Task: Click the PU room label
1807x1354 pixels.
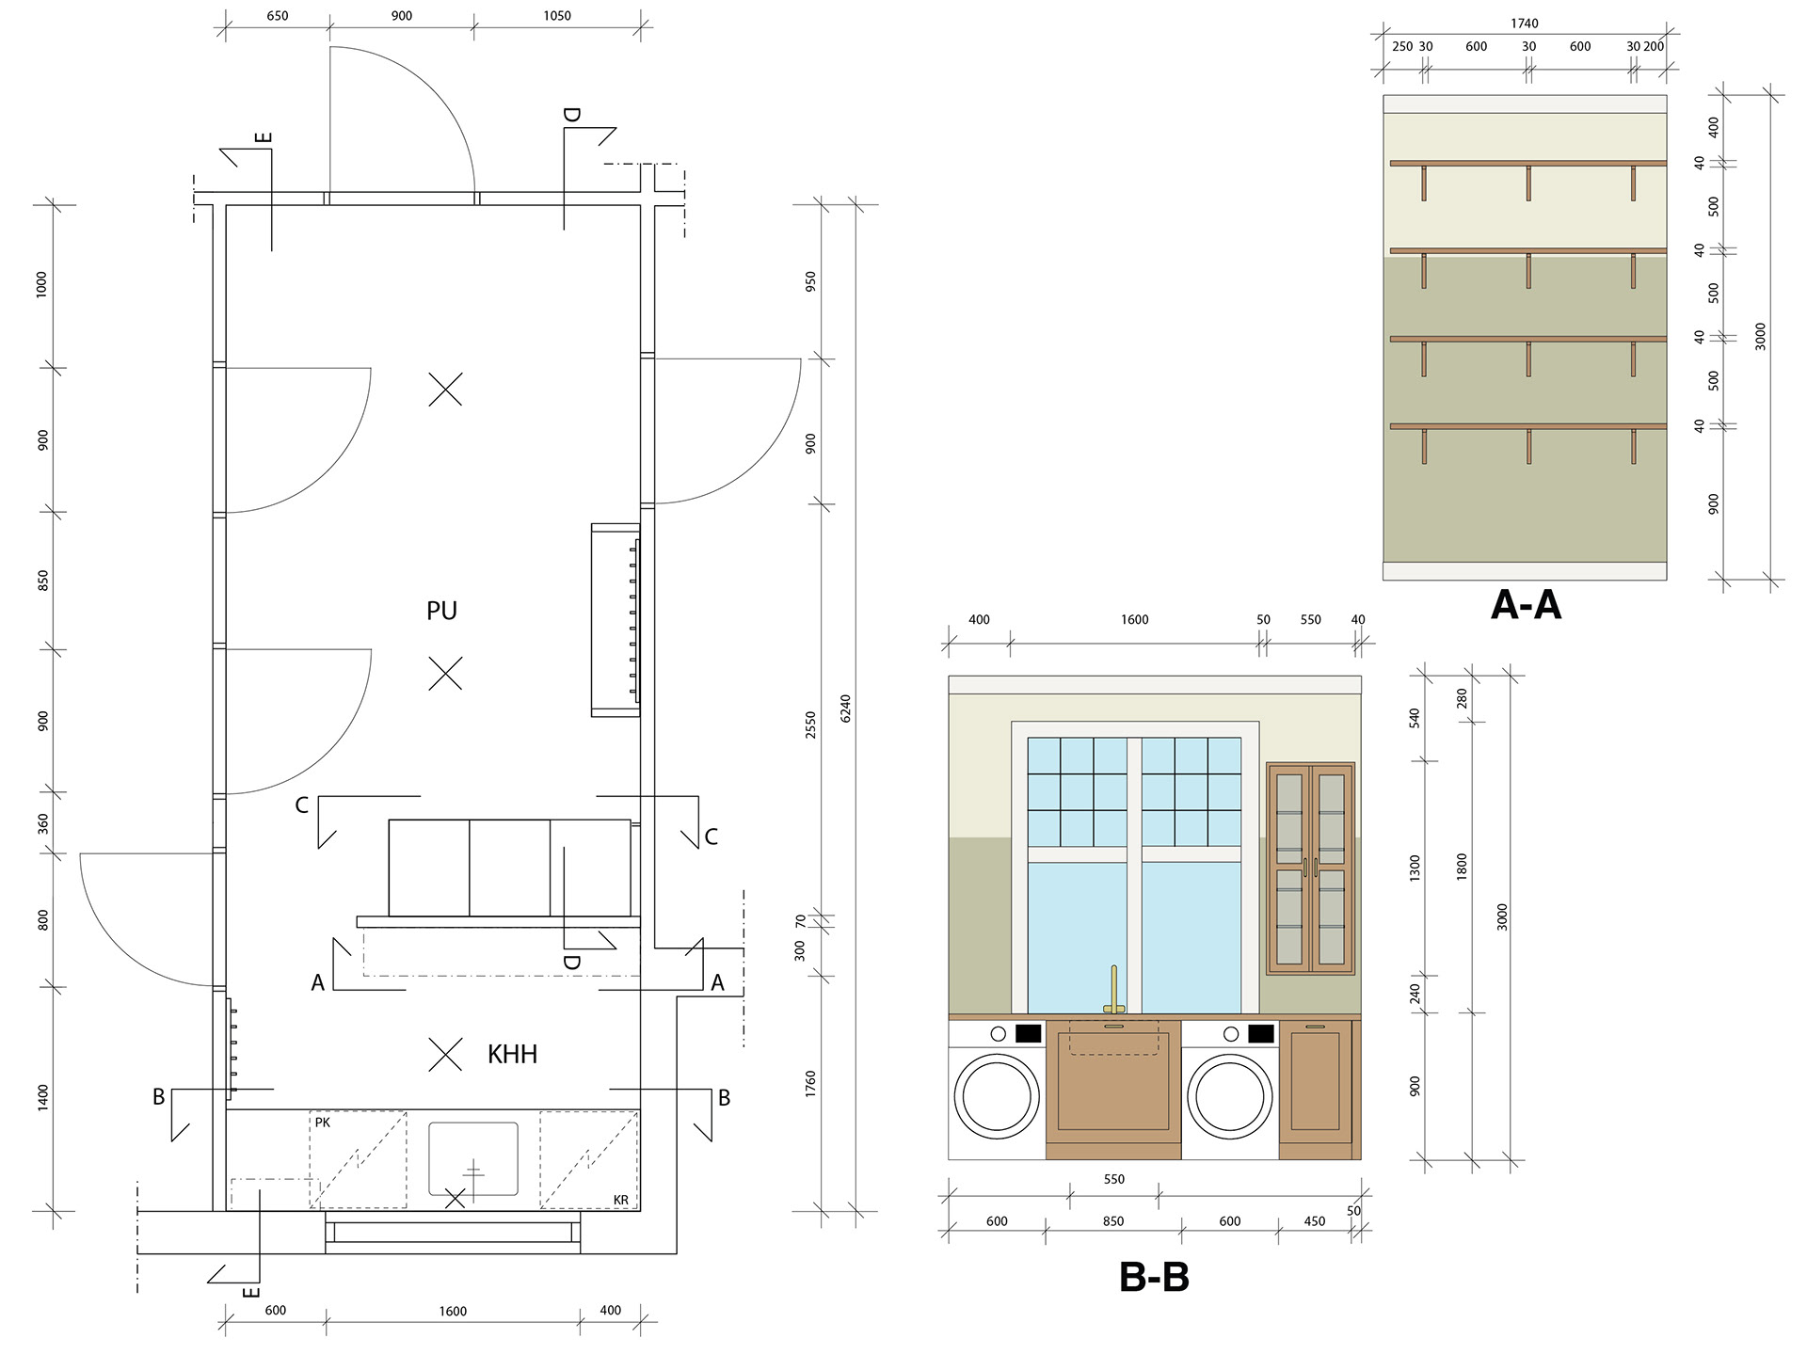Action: point(441,611)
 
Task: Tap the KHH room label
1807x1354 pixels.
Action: point(512,1054)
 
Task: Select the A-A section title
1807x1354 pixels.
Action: point(1526,604)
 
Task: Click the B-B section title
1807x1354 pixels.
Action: point(1154,1277)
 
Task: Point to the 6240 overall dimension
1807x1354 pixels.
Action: point(845,709)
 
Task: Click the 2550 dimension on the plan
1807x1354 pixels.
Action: point(810,725)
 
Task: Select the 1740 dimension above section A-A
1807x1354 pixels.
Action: point(1525,24)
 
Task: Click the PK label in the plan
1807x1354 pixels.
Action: point(323,1123)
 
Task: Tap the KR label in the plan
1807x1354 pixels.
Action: point(620,1200)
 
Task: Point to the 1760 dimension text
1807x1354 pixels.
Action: point(810,1084)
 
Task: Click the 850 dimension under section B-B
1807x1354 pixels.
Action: point(1113,1221)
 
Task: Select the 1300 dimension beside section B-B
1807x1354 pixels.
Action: point(1415,868)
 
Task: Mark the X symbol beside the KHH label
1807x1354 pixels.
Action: point(445,1055)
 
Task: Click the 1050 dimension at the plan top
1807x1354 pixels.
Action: point(556,16)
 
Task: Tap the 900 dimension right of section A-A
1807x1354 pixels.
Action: point(1713,503)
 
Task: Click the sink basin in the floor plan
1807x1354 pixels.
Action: point(473,1158)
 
